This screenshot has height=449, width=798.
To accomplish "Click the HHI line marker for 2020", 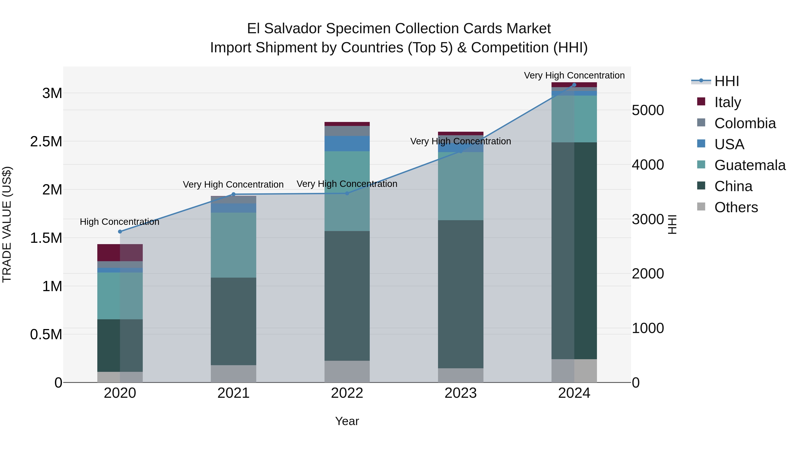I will coord(120,231).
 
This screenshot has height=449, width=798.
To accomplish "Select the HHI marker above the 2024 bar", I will coord(574,85).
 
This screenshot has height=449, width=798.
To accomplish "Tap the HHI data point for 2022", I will coord(347,193).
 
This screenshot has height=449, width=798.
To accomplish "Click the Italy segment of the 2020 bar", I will coord(120,253).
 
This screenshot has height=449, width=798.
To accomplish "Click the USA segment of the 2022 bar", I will coord(347,143).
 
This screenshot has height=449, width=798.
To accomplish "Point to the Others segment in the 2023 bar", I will coord(460,375).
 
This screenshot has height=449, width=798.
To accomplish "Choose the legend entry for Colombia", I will coord(745,123).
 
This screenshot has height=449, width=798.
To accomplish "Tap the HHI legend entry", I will coord(726,81).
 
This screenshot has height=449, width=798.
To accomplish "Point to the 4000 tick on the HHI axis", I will coord(648,165).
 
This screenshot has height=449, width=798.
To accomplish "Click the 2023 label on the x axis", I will coord(460,393).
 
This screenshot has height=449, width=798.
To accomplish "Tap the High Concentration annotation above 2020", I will coord(119,222).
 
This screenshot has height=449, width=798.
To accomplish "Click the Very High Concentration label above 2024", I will coord(574,75).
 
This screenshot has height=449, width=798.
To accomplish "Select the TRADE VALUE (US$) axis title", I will coord(7,224).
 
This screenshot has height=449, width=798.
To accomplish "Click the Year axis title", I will coord(347,421).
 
